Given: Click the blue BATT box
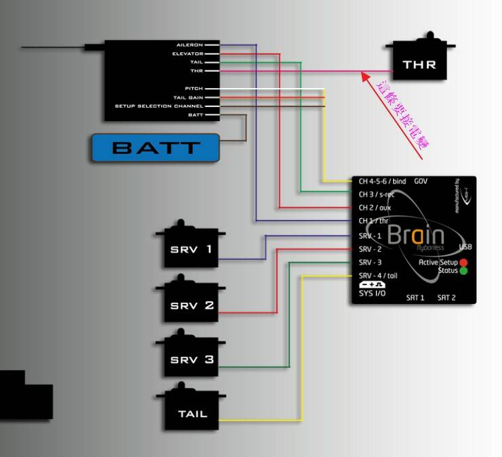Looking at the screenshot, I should (x=156, y=148).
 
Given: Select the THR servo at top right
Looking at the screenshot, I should (x=419, y=65).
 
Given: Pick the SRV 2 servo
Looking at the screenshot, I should (x=192, y=305).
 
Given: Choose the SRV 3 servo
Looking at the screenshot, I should (x=192, y=360).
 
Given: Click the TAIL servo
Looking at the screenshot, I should (x=192, y=413).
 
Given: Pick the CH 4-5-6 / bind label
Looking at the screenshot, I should (x=382, y=181).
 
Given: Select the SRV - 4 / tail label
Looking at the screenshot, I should (x=378, y=275).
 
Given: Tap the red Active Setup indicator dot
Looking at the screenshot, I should (x=463, y=262).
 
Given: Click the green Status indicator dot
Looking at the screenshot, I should (x=463, y=271).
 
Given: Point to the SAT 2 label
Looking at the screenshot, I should (x=446, y=297).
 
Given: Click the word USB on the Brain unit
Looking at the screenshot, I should (x=465, y=247).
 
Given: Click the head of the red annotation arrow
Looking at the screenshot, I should (x=364, y=75).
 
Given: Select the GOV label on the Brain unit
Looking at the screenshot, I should (x=421, y=181).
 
